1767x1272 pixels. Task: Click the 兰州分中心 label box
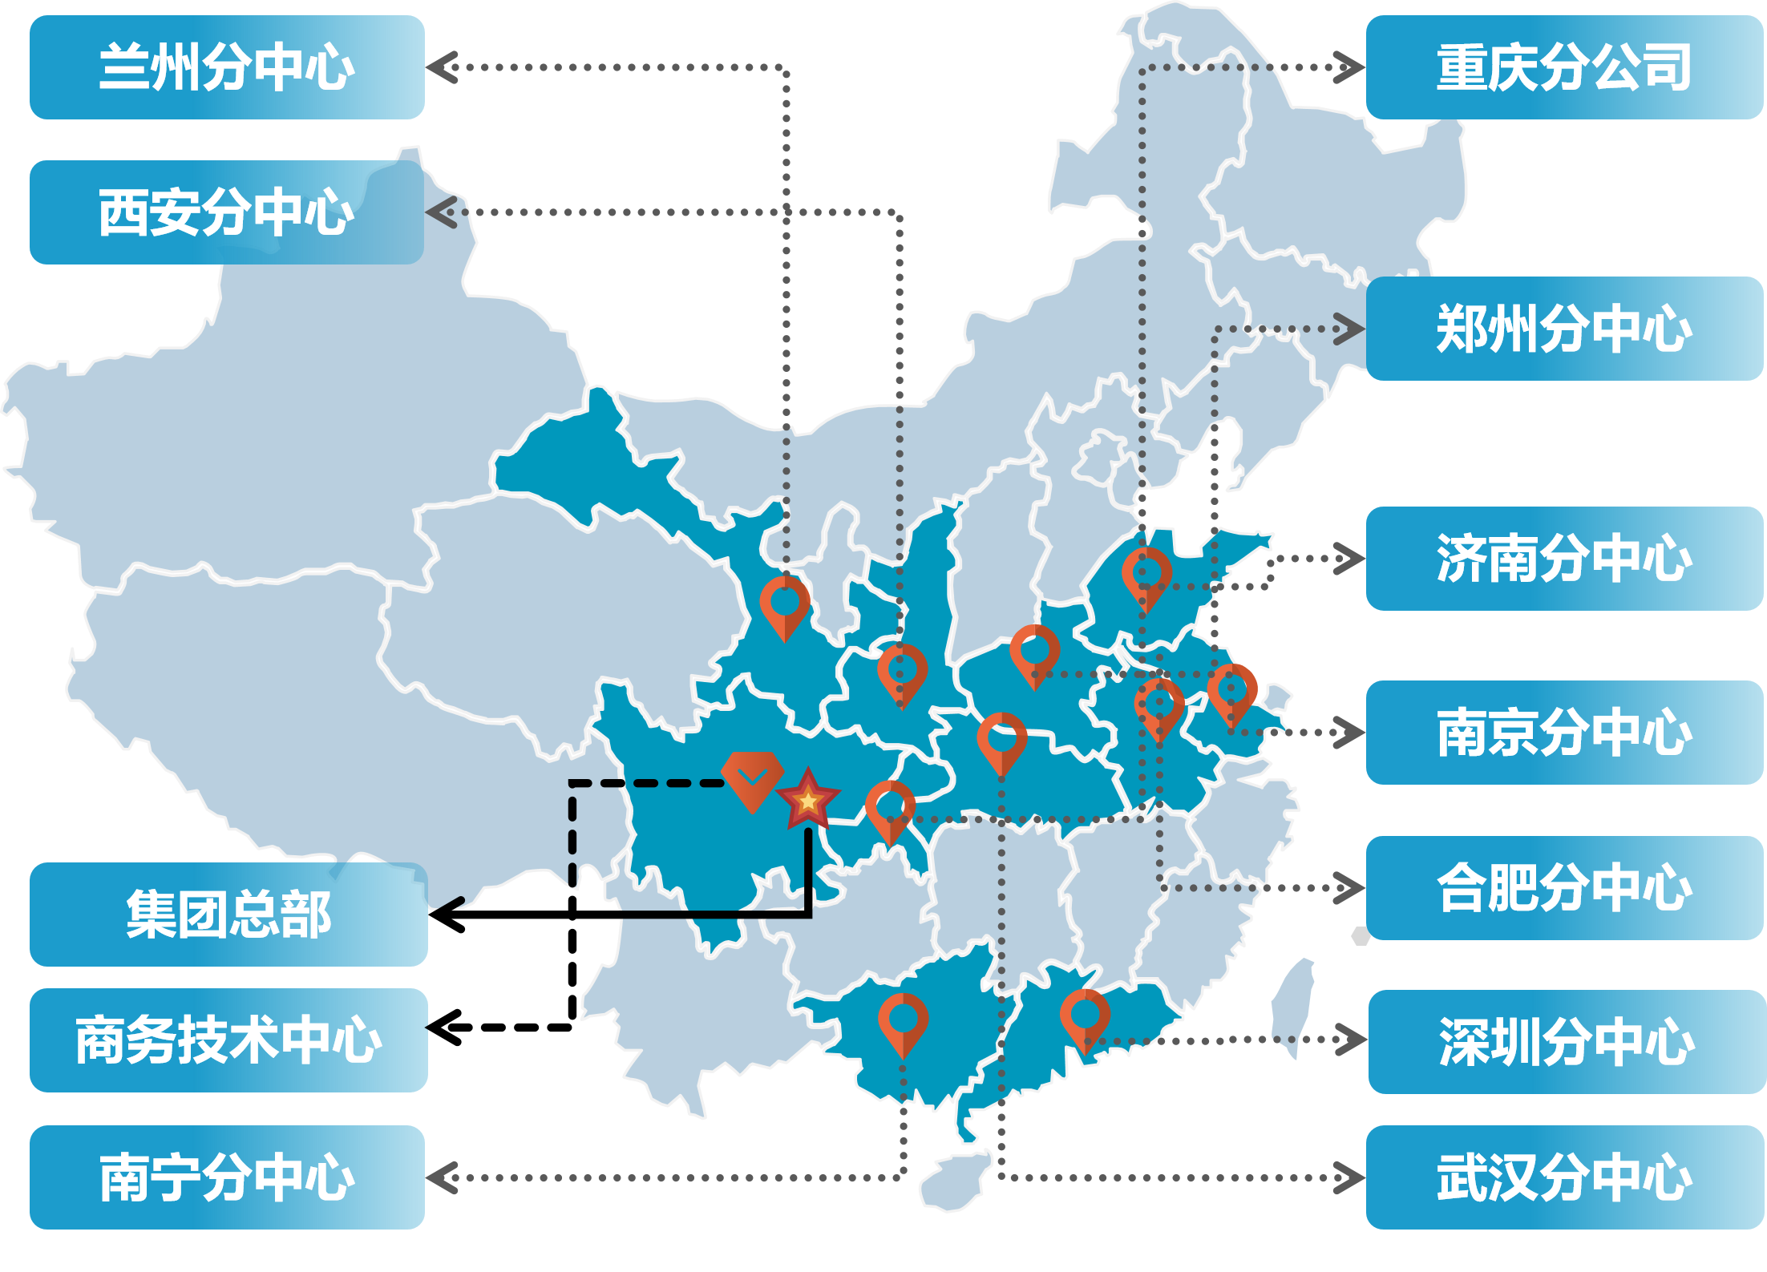[x=227, y=67]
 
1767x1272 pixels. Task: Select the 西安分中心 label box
[x=227, y=212]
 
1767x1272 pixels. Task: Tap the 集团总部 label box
[x=228, y=915]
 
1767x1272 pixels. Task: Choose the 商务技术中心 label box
[x=228, y=1040]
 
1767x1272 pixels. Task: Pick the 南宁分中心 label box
[x=227, y=1177]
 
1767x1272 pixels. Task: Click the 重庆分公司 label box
[x=1564, y=67]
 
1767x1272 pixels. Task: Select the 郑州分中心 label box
[x=1564, y=329]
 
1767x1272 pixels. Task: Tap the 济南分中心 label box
[x=1564, y=559]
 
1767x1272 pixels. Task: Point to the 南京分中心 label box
[x=1564, y=733]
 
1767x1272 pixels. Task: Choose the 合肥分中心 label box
[x=1564, y=888]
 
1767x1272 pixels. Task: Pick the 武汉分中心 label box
[x=1564, y=1177]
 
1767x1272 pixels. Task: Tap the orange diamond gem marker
[x=752, y=778]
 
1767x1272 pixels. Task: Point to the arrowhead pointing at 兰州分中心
[x=442, y=67]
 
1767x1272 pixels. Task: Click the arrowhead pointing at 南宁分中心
[x=442, y=1177]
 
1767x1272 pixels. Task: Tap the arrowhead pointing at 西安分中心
[x=442, y=212]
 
